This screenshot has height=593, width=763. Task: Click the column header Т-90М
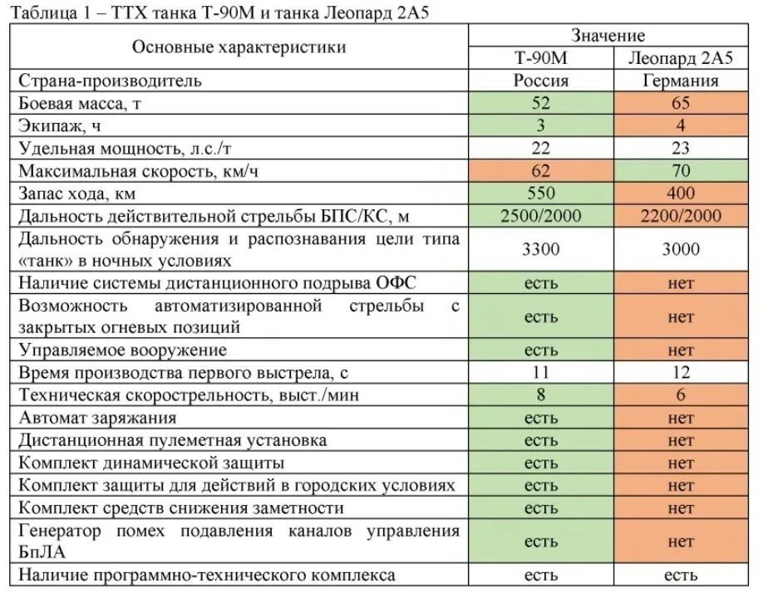point(540,58)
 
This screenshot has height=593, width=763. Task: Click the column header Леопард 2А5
point(681,58)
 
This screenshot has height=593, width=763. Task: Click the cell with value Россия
point(540,81)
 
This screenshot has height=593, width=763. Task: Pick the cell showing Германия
point(681,81)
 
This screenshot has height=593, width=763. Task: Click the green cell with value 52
point(540,104)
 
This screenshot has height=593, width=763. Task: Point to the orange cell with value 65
point(681,104)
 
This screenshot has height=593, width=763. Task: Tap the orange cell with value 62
point(540,171)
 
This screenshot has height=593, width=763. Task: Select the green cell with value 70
point(681,171)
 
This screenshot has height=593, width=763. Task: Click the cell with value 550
point(540,194)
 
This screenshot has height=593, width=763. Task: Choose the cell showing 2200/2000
point(681,216)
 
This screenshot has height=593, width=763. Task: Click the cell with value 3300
point(540,249)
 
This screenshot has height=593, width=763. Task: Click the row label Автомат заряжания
point(97,418)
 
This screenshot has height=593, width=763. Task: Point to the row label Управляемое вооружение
point(122,350)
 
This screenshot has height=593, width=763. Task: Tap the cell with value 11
point(540,373)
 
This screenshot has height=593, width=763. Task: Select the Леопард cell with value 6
point(681,395)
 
